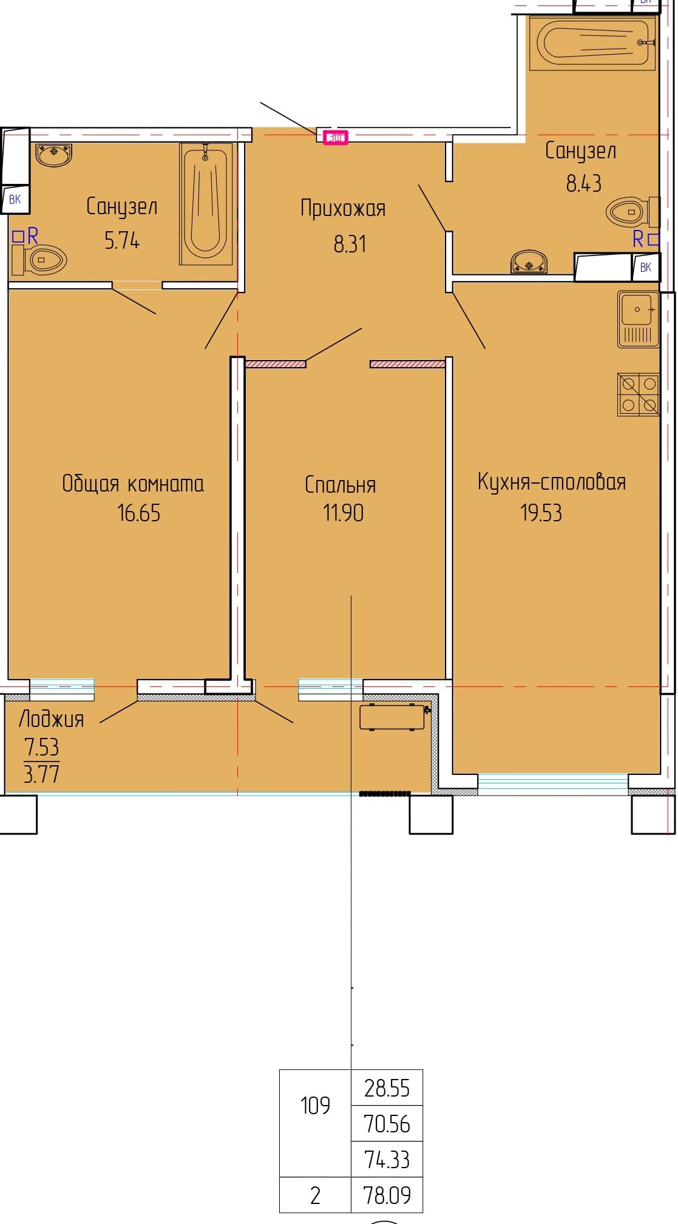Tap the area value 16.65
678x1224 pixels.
pyautogui.click(x=139, y=513)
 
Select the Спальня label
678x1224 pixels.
pyautogui.click(x=341, y=485)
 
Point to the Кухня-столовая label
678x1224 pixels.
pyautogui.click(x=551, y=482)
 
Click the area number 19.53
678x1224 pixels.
pyautogui.click(x=541, y=513)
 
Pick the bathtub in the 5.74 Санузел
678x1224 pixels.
pyautogui.click(x=206, y=204)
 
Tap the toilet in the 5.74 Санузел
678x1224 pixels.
pyautogui.click(x=38, y=260)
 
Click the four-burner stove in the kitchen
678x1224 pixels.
pyautogui.click(x=639, y=394)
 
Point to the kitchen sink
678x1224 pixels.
pyautogui.click(x=639, y=319)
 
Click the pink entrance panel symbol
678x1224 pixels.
pyautogui.click(x=336, y=137)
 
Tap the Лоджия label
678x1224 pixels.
pyautogui.click(x=52, y=720)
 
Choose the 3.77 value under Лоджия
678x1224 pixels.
pyautogui.click(x=41, y=774)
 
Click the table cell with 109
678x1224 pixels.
pyautogui.click(x=315, y=1123)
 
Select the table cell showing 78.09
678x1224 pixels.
pyautogui.click(x=387, y=1195)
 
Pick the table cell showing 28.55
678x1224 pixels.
pyautogui.click(x=387, y=1088)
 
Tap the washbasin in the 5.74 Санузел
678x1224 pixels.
pyautogui.click(x=54, y=154)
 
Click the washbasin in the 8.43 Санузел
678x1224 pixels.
pyautogui.click(x=529, y=262)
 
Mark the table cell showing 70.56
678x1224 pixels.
pyautogui.click(x=387, y=1124)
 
